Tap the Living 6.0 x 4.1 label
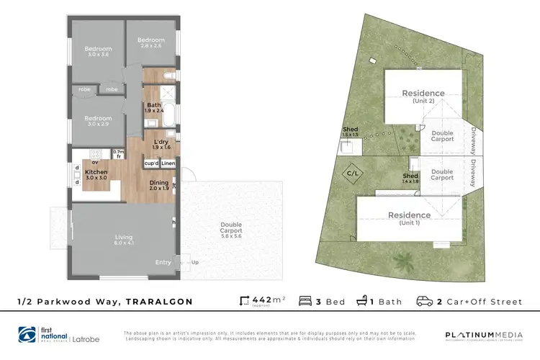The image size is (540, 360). [125, 238]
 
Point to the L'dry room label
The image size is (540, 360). [161, 143]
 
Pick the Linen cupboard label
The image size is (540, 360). [168, 163]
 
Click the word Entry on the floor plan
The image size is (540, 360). [163, 262]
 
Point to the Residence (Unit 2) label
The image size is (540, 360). [423, 96]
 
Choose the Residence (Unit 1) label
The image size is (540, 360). [409, 217]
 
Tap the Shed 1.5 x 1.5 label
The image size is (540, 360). [350, 132]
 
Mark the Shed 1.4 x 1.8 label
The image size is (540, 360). [410, 179]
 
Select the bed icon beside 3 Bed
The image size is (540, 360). [304, 301]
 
